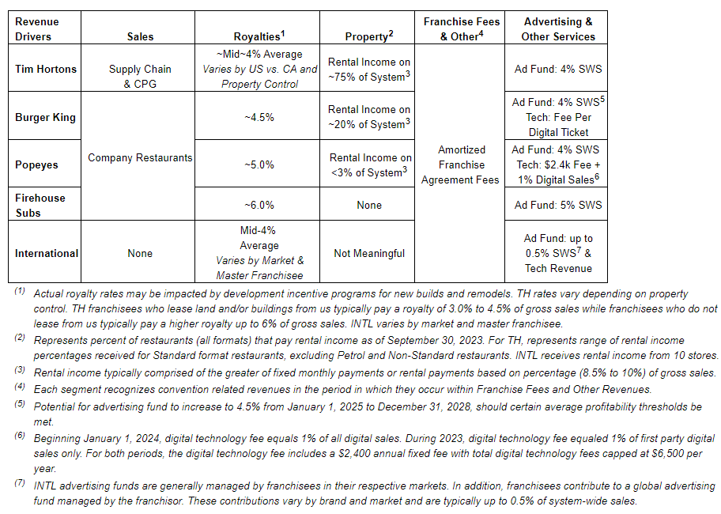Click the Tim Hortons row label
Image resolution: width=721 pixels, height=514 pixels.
(46, 69)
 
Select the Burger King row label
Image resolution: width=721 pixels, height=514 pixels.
(46, 117)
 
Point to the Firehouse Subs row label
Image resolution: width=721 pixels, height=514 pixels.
(40, 205)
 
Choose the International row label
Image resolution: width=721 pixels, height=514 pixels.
(47, 253)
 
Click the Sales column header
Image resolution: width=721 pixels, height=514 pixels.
(140, 36)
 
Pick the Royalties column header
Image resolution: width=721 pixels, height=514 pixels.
(259, 36)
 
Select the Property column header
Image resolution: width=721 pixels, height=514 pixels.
(368, 36)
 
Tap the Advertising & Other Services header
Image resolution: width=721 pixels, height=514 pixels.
(558, 29)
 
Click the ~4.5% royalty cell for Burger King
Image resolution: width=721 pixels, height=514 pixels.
(259, 117)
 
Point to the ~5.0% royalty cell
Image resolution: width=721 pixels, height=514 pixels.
(259, 164)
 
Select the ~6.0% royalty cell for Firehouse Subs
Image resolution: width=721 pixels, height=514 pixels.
(259, 205)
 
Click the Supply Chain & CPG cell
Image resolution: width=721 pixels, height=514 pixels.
(140, 76)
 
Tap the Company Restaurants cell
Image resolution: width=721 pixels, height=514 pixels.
(140, 157)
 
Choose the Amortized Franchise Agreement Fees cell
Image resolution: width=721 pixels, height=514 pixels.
(460, 164)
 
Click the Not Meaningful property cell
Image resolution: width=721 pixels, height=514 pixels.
(369, 253)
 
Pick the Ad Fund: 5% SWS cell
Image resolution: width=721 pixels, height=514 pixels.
(558, 205)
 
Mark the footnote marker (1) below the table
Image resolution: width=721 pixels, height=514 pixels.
(19, 292)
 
